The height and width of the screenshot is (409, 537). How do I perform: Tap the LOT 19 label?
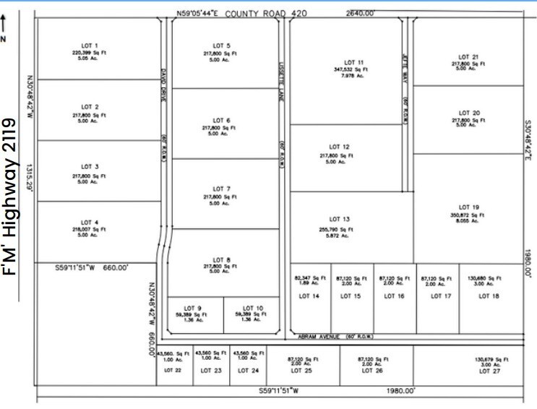pos(470,207)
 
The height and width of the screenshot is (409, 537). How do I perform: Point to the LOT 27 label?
pos(486,371)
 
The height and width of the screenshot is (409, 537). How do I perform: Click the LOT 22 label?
pos(173,371)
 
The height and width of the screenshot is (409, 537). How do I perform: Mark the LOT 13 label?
pos(340,220)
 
